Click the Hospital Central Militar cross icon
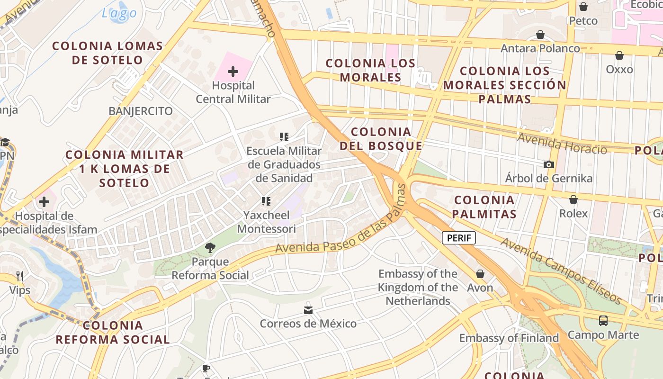(233, 72)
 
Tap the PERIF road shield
(458, 238)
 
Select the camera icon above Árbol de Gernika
(549, 165)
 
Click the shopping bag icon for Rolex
(573, 199)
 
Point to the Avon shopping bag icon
(480, 274)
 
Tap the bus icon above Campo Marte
(603, 321)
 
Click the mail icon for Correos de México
(308, 310)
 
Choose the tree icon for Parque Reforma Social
(210, 247)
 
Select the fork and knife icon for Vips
(19, 276)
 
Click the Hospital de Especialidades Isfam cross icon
(44, 202)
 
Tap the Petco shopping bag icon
(583, 7)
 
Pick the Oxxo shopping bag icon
(619, 55)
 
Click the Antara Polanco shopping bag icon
(540, 35)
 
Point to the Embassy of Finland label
(509, 338)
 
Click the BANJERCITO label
(141, 111)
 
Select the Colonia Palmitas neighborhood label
(484, 207)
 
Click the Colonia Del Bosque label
(381, 139)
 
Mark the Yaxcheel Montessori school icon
(266, 201)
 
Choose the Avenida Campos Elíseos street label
(561, 271)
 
